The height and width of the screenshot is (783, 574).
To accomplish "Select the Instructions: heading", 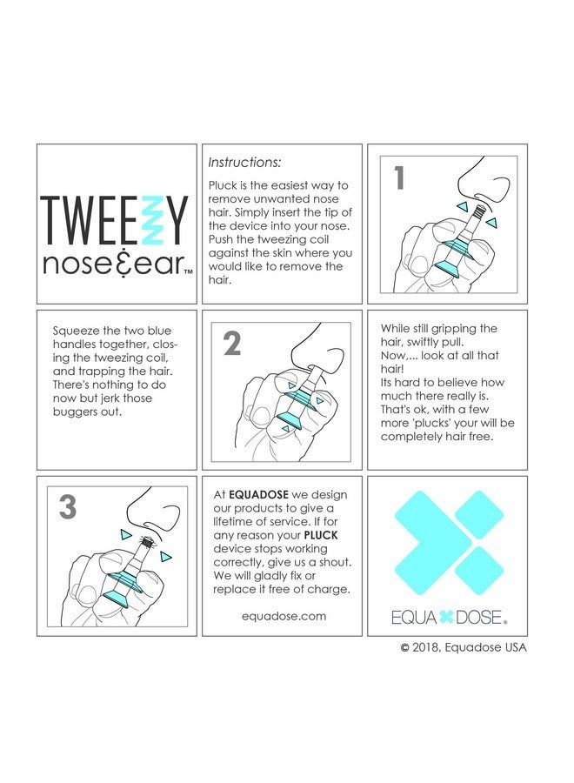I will click(x=244, y=162).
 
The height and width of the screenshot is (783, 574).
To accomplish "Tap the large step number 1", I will click(x=399, y=178).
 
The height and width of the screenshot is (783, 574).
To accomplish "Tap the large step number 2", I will click(x=232, y=345).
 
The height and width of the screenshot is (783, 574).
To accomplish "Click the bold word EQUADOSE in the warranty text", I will click(x=261, y=493).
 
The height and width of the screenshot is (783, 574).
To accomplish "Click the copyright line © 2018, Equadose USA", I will click(x=463, y=646).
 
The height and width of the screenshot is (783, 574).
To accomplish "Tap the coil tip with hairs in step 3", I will click(x=144, y=544).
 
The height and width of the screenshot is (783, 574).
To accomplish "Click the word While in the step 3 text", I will click(x=397, y=329).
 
